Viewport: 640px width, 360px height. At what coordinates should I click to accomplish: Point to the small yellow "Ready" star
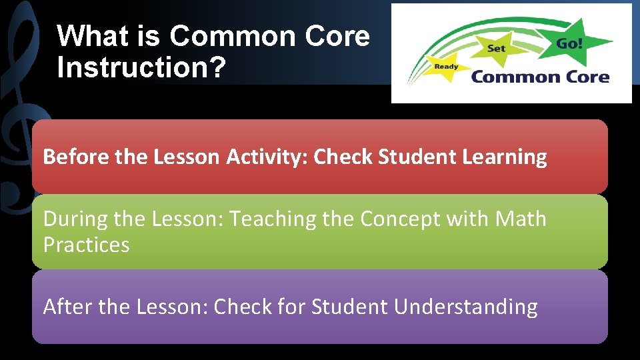(447, 67)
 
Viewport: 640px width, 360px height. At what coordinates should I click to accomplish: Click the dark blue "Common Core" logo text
(540, 77)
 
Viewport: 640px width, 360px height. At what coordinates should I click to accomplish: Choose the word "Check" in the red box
(341, 157)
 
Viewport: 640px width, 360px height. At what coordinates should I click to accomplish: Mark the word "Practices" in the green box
(87, 245)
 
